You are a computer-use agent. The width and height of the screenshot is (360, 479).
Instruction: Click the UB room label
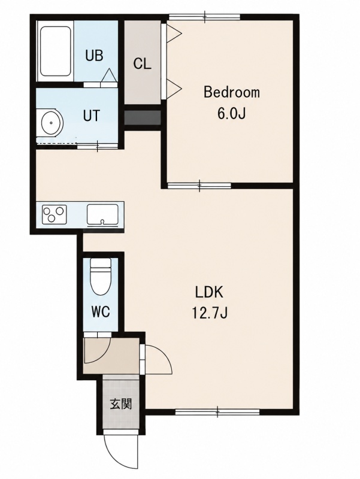tap(94, 56)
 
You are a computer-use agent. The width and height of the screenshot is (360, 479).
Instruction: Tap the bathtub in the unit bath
tap(55, 51)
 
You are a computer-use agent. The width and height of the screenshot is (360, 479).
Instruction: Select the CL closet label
tap(142, 64)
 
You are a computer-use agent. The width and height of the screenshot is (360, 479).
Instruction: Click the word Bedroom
tap(232, 92)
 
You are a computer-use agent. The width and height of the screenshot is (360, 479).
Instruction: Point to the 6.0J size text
tap(231, 114)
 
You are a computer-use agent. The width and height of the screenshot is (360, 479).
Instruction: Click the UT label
tap(92, 116)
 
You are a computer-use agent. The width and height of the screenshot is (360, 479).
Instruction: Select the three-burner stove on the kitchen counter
tap(55, 214)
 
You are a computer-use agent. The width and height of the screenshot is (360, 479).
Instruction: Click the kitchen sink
tap(102, 214)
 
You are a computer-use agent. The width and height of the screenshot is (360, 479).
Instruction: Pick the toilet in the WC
tap(101, 277)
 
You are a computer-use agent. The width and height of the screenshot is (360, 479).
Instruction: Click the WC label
tap(101, 312)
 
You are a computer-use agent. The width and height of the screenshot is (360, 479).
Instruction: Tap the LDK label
tap(209, 293)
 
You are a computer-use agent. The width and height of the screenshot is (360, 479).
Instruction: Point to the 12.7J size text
tap(210, 313)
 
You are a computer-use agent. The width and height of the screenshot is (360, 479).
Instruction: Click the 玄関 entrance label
tap(121, 404)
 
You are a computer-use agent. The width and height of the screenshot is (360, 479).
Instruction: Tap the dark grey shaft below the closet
tap(143, 117)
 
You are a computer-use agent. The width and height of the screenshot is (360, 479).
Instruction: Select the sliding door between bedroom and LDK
tap(199, 186)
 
